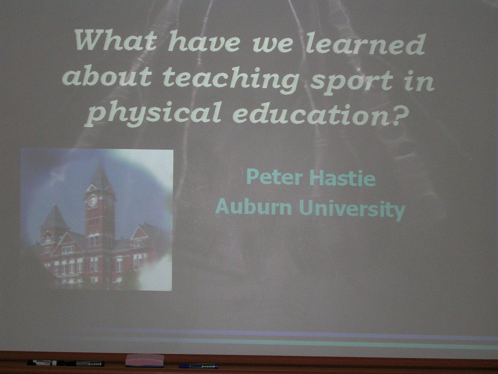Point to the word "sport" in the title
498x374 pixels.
352,81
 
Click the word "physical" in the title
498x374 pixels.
153,112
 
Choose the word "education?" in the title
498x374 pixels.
321,114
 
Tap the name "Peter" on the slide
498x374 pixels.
274,177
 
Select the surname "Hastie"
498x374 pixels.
343,178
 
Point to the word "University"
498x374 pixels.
352,209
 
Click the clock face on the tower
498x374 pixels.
92,200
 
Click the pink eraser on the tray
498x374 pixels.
144,360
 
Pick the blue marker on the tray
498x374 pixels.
198,366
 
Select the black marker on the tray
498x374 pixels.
66,363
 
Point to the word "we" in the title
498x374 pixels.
272,45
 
